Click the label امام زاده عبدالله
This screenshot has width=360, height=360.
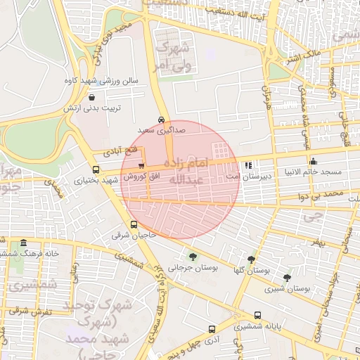point(181,171)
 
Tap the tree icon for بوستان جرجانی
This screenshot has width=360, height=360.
point(193,257)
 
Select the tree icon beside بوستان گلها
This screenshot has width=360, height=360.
point(251,259)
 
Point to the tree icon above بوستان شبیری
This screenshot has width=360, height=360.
point(286,278)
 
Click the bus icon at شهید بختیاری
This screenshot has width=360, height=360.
point(96,169)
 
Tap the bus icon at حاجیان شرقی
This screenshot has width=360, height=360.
point(134,225)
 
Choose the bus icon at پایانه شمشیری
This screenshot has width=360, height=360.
point(257,316)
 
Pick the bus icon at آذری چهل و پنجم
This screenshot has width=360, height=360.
point(212,329)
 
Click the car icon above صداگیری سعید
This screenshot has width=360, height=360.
point(162,120)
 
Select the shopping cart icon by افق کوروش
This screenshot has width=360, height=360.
point(141,165)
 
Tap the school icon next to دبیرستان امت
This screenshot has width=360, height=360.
point(247,166)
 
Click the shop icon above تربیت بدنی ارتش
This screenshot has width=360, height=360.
point(92,98)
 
